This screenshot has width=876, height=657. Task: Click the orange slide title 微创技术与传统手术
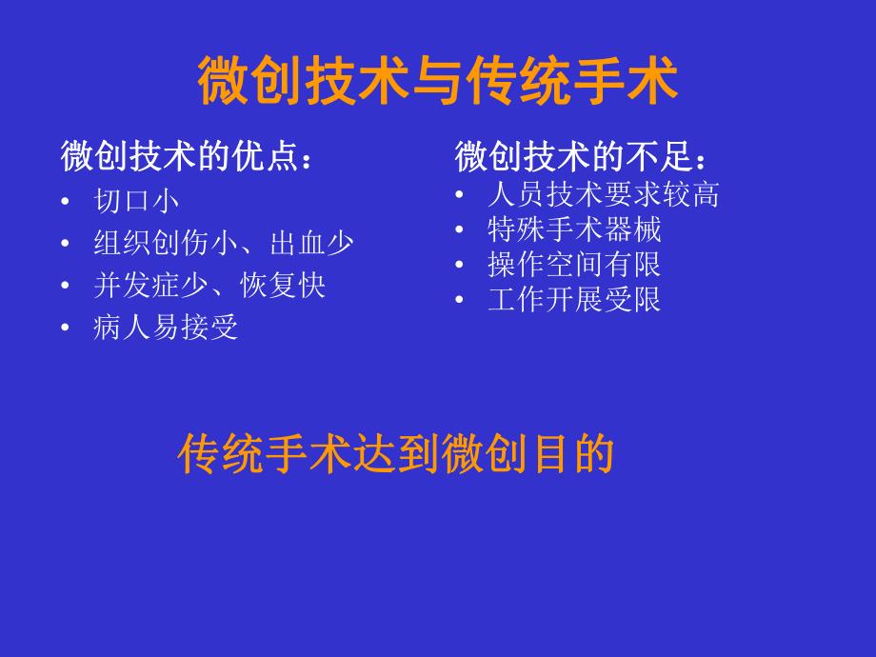(437, 81)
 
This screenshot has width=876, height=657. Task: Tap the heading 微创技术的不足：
(582, 156)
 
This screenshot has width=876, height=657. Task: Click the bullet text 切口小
(136, 201)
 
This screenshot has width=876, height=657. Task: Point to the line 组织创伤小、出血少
(224, 243)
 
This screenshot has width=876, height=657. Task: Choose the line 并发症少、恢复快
(209, 285)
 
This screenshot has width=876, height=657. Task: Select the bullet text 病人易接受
(166, 328)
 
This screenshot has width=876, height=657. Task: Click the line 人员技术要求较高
(602, 194)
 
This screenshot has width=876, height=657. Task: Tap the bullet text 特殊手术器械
(573, 229)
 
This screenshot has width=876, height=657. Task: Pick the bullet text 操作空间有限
(573, 264)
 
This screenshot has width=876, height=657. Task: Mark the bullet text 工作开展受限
(573, 299)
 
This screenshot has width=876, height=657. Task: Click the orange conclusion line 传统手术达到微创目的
(395, 455)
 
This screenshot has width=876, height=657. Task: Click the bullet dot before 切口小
(65, 202)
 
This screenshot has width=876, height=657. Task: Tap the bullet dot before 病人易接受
(65, 328)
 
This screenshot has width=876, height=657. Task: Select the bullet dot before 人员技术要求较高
(460, 194)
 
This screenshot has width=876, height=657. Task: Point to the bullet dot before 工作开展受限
(460, 299)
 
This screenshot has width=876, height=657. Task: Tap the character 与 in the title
(437, 81)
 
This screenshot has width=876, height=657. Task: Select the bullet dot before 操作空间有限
(460, 264)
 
